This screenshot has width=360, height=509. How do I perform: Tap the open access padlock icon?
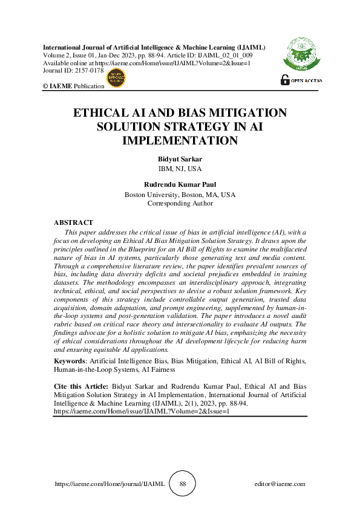[x=284, y=80]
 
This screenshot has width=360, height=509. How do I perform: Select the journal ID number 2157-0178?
[x=89, y=71]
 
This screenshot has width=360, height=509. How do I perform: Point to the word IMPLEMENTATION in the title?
[x=179, y=140]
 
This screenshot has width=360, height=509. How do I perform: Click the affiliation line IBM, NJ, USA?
[x=179, y=168]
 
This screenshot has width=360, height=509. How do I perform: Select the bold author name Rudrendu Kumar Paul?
[x=179, y=186]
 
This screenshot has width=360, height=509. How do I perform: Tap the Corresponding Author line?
[x=180, y=204]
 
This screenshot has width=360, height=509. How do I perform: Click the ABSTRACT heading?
[x=73, y=223]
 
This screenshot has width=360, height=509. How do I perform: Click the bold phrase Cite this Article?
[x=81, y=386]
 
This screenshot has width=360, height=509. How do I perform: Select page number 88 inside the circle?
[x=183, y=484]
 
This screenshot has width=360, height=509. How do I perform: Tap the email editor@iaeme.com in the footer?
[x=280, y=484]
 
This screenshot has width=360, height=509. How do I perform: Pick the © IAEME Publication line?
[x=73, y=86]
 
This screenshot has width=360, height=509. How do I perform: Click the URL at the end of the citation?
[x=142, y=410]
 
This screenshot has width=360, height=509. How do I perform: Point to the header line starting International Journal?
[x=154, y=47]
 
